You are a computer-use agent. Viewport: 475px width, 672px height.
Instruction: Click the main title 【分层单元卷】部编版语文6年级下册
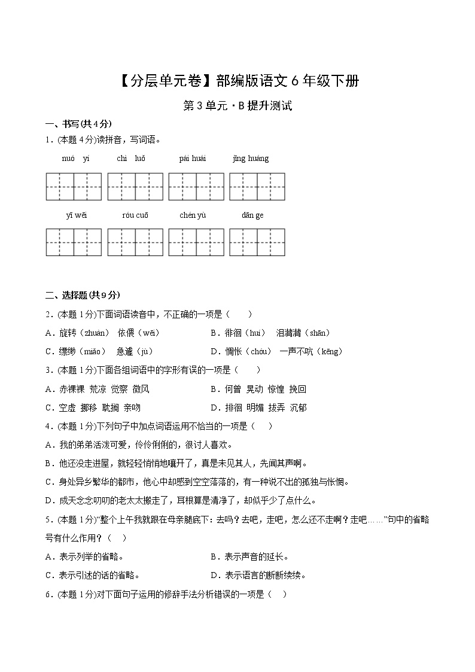click(x=237, y=81)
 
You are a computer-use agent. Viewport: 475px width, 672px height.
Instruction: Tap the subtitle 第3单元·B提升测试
click(x=237, y=107)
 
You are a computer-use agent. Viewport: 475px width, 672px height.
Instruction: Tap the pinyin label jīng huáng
click(x=251, y=159)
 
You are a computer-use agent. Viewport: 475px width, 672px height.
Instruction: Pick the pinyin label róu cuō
click(x=135, y=215)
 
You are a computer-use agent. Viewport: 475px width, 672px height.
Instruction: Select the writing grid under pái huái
click(x=196, y=187)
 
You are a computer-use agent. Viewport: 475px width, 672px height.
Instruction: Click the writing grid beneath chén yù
click(x=196, y=242)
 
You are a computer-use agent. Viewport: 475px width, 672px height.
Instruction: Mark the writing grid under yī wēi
click(x=74, y=242)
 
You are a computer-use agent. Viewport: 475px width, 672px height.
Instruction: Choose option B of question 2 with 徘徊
click(x=270, y=333)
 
